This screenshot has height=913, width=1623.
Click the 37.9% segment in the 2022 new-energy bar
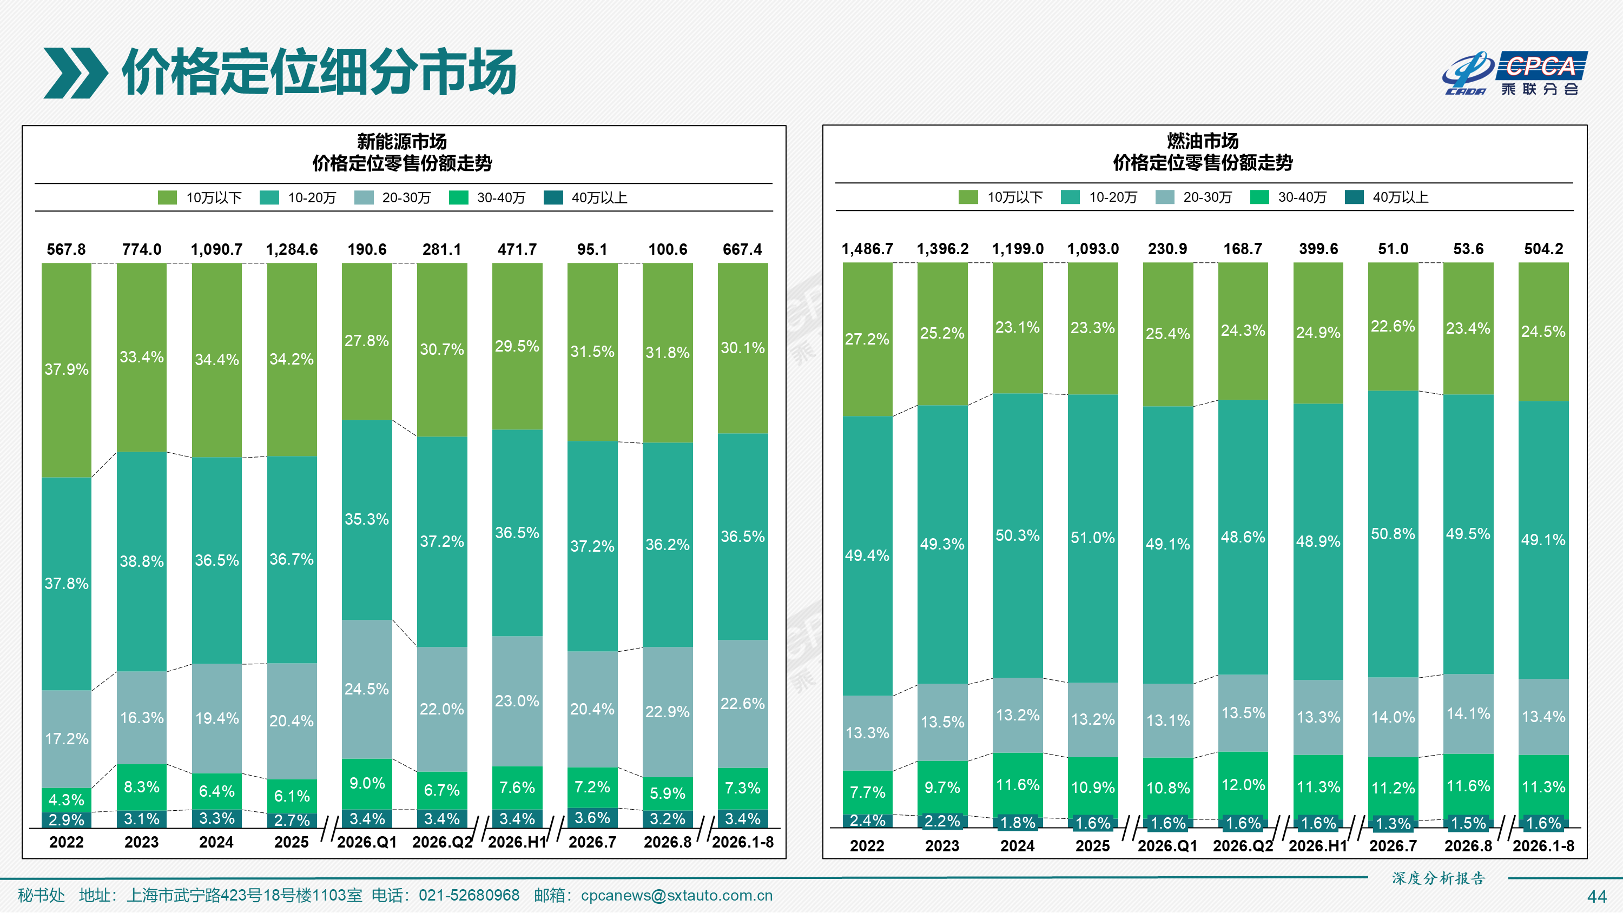[x=66, y=370]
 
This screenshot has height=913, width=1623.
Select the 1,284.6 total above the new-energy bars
[x=292, y=249]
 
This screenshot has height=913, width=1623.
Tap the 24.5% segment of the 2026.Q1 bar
[x=367, y=689]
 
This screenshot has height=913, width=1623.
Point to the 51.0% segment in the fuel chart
[x=1092, y=538]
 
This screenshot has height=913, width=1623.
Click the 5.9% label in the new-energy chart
[x=667, y=793]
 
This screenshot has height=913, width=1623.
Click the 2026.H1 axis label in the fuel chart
[x=1317, y=845]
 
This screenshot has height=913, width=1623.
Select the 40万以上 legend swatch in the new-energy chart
[x=552, y=198]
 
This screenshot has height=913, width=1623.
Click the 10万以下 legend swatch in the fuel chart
[x=968, y=197]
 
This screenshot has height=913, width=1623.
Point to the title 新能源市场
[x=402, y=141]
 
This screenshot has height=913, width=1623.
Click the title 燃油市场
[x=1203, y=141]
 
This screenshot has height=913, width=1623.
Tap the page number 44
[x=1596, y=896]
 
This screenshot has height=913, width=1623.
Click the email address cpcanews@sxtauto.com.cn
[x=676, y=895]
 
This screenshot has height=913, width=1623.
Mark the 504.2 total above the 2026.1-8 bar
[x=1543, y=249]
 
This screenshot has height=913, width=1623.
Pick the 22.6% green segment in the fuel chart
[x=1393, y=326]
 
